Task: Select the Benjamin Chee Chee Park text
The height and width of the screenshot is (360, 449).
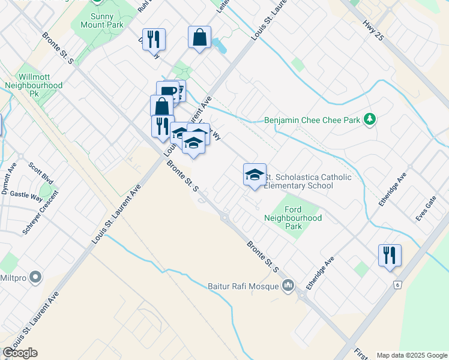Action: pos(312,120)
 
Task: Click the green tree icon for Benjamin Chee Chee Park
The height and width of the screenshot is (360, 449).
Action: pos(371,119)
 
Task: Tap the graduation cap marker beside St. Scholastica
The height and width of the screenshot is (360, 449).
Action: pos(255,175)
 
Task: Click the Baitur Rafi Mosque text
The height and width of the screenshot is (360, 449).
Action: pos(243,286)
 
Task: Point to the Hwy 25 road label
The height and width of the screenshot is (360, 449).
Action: pos(372,30)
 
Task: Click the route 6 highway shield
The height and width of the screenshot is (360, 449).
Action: pos(397,284)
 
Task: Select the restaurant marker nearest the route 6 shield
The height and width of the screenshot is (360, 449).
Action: pos(390,255)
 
